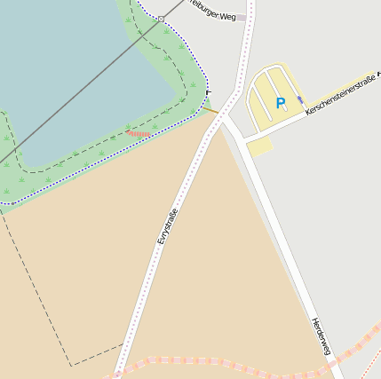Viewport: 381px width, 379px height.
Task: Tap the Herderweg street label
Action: click(x=321, y=336)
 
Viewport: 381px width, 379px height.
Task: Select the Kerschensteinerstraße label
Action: click(x=341, y=92)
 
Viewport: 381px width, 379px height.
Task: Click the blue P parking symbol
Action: click(x=281, y=103)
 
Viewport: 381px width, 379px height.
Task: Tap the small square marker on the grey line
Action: click(x=161, y=19)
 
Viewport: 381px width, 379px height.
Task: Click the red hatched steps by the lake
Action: click(x=138, y=133)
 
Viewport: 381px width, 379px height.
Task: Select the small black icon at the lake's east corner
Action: click(x=209, y=91)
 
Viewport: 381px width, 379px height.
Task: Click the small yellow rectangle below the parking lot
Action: click(x=259, y=146)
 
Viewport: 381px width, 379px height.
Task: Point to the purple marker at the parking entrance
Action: click(x=300, y=99)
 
